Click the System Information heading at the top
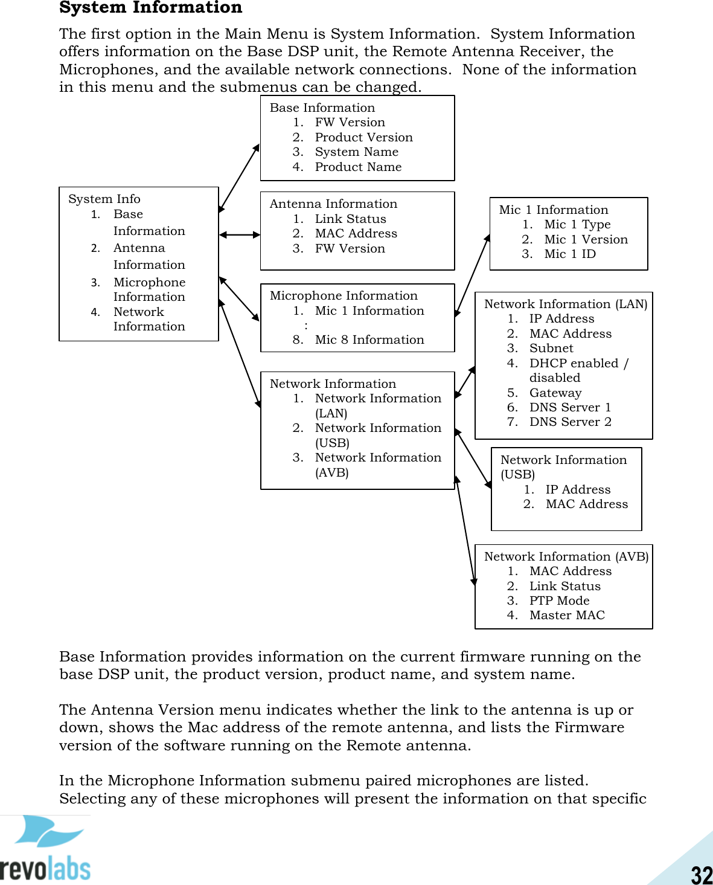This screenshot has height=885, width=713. (150, 8)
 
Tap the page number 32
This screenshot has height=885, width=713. (702, 875)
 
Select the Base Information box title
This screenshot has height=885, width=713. (322, 108)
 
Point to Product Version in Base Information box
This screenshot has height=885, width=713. (363, 137)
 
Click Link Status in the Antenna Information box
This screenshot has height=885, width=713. (350, 219)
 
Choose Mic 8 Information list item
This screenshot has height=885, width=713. (369, 340)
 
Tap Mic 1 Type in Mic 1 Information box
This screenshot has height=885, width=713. (577, 224)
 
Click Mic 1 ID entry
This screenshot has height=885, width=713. (569, 254)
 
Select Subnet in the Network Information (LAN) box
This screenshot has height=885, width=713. (551, 348)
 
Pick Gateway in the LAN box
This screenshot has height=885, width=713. (555, 393)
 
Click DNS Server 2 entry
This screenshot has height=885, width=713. (570, 422)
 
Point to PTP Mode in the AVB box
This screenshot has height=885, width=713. (559, 600)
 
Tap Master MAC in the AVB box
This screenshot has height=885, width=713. (567, 615)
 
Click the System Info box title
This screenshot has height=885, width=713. (104, 199)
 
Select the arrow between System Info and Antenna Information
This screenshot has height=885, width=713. (240, 234)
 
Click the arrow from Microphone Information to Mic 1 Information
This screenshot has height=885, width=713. (472, 275)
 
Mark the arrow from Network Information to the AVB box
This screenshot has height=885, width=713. (465, 531)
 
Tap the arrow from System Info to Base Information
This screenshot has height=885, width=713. (239, 178)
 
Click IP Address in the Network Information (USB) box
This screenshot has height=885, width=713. (578, 489)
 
